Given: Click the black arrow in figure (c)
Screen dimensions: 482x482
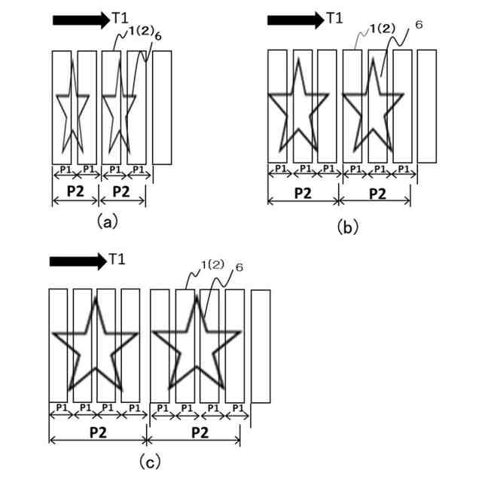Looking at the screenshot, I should (78, 261).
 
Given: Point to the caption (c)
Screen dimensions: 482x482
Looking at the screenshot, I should (149, 459).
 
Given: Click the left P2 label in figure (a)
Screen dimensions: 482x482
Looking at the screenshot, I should (75, 191).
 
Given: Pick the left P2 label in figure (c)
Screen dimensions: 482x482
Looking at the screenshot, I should (97, 432).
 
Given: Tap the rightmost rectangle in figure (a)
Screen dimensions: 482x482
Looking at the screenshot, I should (162, 107).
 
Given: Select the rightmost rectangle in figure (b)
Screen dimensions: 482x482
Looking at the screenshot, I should (426, 105).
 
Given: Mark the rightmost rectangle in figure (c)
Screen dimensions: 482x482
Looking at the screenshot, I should (261, 346).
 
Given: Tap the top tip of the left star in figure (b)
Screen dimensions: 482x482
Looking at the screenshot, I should (299, 59).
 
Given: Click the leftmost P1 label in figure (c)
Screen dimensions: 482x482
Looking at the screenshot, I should (59, 407).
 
